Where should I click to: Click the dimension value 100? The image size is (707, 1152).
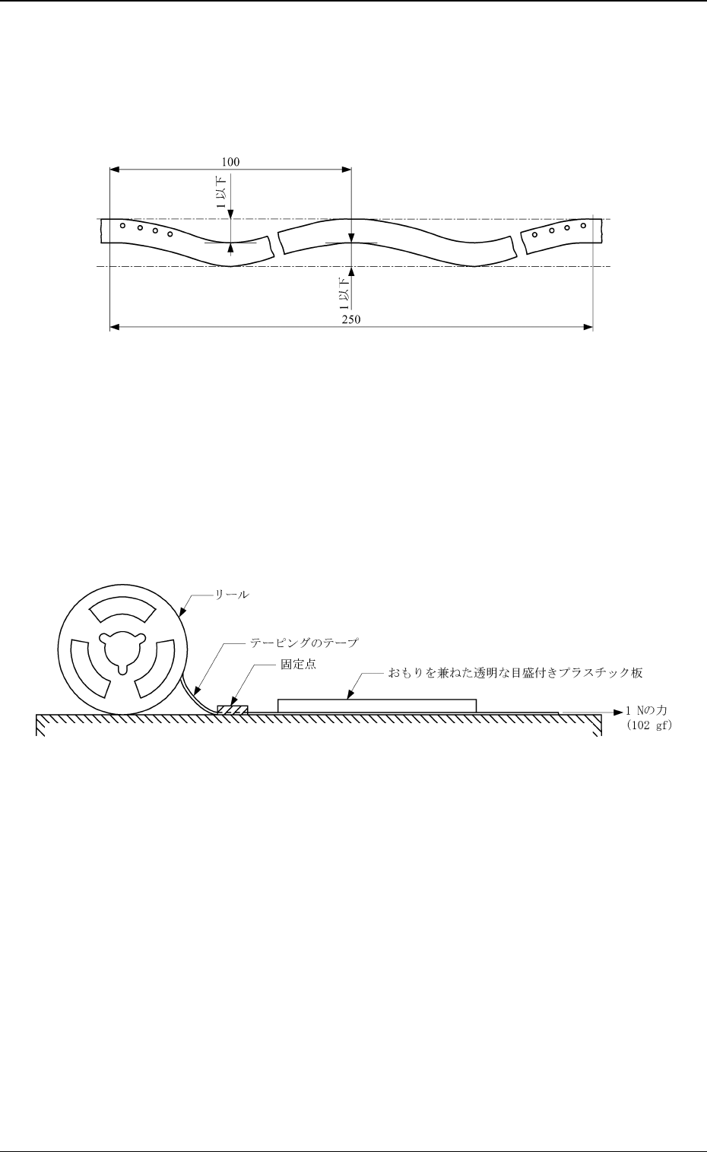pos(230,162)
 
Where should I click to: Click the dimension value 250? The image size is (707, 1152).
pos(351,319)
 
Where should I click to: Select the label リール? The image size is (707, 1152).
pos(232,595)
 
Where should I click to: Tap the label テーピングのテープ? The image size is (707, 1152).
pos(304,643)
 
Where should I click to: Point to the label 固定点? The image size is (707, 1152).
pos(298,664)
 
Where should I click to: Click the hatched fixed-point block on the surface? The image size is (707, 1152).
pos(233,709)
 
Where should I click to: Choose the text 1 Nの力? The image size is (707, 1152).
pos(646,711)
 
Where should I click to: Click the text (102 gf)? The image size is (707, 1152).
pos(649,725)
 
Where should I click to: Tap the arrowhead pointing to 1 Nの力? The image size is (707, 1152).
pos(619,712)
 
